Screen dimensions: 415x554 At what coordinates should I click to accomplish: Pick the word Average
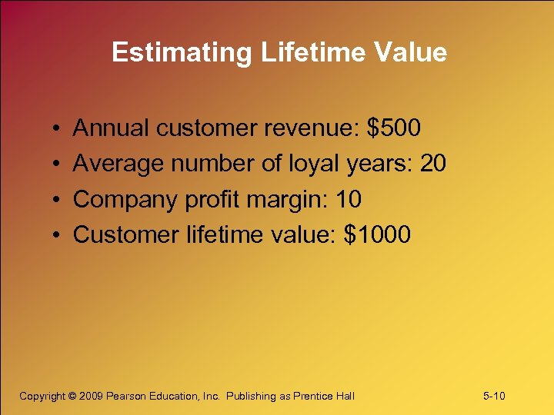(118, 164)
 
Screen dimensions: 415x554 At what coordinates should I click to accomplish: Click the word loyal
(316, 164)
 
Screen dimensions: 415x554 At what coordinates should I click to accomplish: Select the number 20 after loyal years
(432, 164)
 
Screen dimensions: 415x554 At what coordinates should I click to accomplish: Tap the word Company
(125, 199)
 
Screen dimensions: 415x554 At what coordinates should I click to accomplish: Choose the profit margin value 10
(349, 199)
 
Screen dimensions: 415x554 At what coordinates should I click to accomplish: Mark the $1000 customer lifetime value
(377, 234)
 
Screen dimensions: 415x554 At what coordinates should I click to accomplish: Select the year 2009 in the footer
(91, 396)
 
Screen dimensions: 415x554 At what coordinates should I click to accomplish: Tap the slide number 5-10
(494, 396)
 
